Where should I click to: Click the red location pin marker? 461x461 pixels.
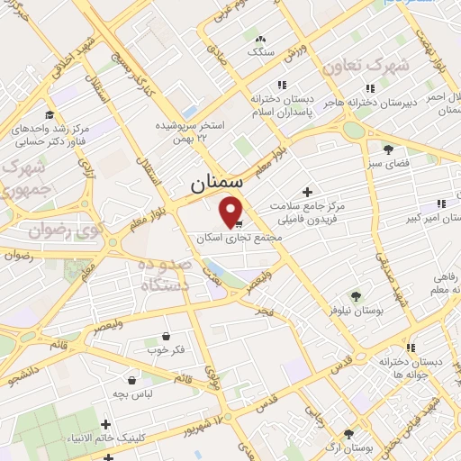point(232,211)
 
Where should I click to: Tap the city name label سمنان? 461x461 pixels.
point(216,185)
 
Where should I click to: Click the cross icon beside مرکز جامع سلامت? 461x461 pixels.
point(307,192)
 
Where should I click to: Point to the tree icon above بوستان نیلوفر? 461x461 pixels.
point(356,294)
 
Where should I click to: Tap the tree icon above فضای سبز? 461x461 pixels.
point(388,149)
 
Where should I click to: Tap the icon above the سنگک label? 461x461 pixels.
point(261,39)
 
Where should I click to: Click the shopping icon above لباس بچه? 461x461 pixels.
point(132,379)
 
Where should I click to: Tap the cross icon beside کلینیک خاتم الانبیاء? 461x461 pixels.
point(106,424)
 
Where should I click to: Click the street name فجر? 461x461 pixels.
point(263,310)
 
